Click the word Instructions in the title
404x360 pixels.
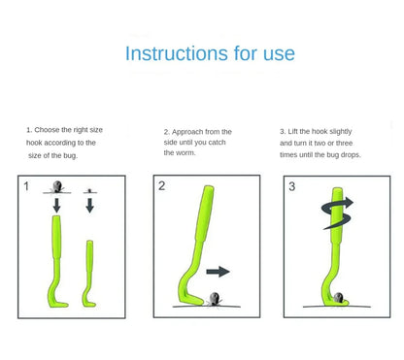[x=172, y=53]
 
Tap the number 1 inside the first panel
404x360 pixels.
[x=26, y=185]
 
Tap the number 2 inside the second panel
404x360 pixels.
[x=162, y=185]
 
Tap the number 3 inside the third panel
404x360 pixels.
[x=291, y=185]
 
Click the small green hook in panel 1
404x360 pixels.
[x=89, y=272]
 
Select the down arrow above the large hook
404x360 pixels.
[x=55, y=205]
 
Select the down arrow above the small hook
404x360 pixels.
[x=89, y=205]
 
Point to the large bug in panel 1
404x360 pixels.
[x=56, y=186]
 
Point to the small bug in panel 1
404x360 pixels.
[x=89, y=190]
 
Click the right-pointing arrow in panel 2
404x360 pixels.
[x=219, y=272]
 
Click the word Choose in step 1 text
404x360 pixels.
[x=50, y=129]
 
